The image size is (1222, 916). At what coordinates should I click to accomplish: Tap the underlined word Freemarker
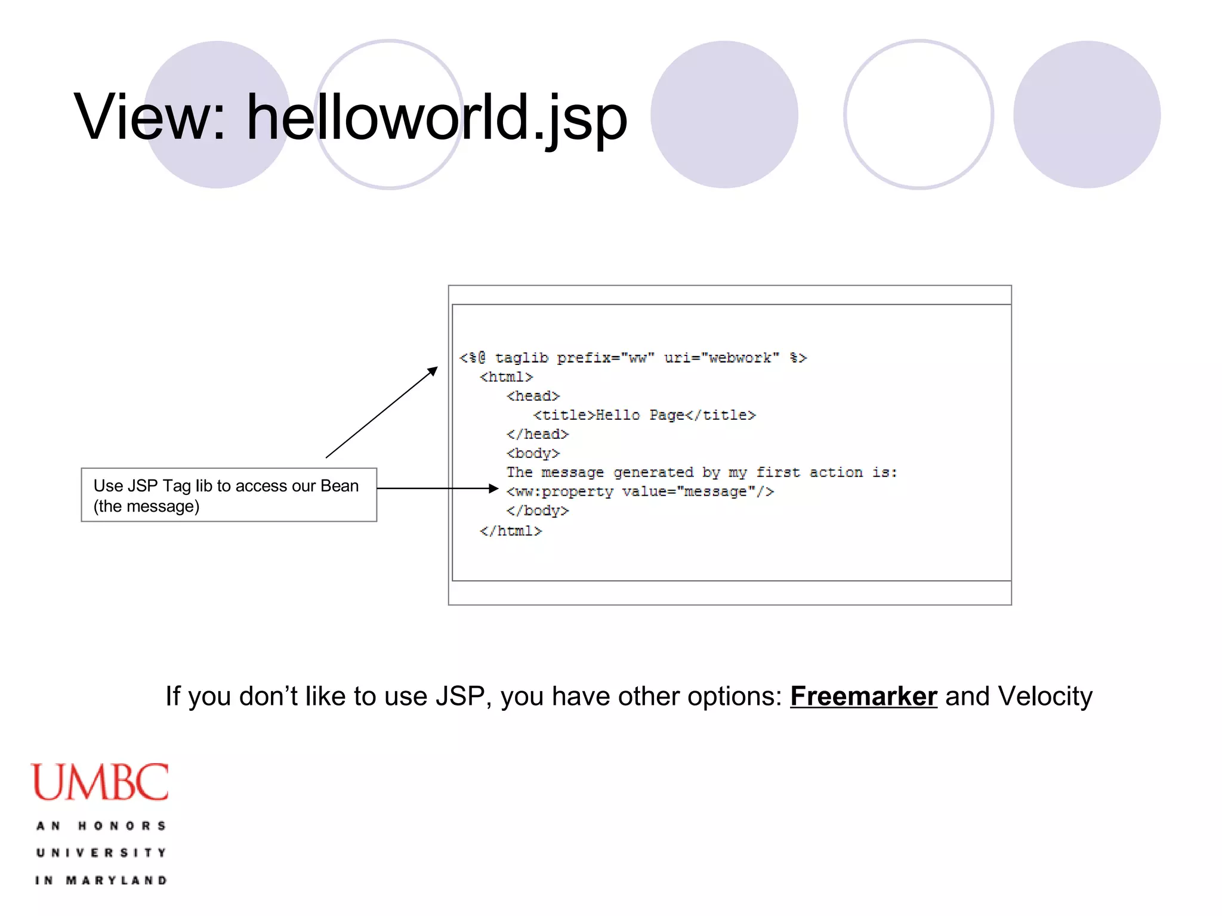pos(863,697)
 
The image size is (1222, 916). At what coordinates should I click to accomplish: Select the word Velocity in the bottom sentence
pos(1045,697)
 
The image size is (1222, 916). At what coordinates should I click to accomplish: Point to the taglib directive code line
pos(632,358)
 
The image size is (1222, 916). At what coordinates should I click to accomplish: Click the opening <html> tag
pos(506,377)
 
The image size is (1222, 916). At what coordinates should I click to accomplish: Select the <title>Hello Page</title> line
pos(644,415)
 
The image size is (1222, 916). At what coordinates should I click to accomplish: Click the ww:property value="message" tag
pos(640,491)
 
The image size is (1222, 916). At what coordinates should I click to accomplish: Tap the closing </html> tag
pos(511,531)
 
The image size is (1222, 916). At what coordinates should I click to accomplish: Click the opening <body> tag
pos(533,453)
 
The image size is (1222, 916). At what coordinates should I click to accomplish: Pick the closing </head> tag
pos(537,434)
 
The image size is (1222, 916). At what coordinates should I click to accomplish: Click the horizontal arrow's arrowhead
pos(493,488)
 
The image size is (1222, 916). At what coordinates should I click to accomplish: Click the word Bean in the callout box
pos(340,486)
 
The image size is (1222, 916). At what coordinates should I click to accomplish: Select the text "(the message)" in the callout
pos(146,506)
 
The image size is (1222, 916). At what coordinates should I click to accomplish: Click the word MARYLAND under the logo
pos(116,880)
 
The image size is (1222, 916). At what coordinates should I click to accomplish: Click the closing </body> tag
pos(537,510)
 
